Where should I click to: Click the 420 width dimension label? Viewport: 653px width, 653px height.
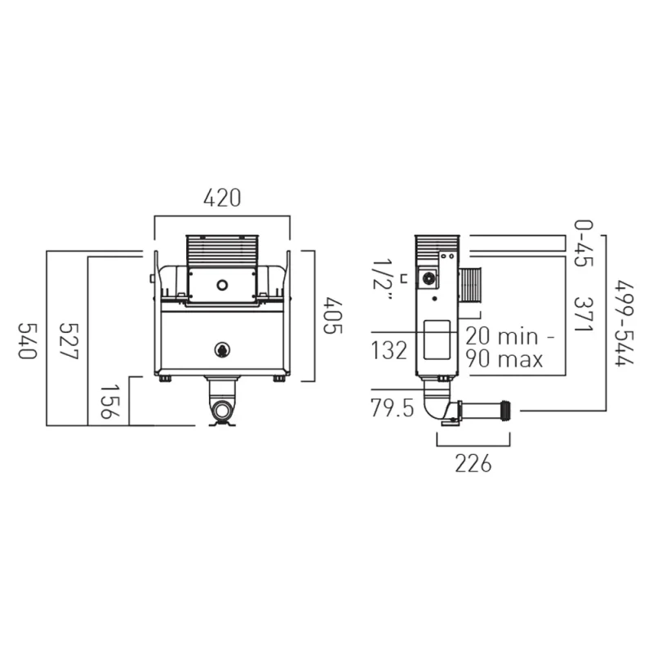pyautogui.click(x=222, y=198)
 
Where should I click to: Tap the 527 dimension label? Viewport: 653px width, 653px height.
pyautogui.click(x=69, y=340)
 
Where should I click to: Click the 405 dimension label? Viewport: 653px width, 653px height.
pyautogui.click(x=331, y=315)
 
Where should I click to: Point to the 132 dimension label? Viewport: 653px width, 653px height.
pyautogui.click(x=389, y=351)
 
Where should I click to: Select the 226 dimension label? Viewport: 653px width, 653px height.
pyautogui.click(x=473, y=464)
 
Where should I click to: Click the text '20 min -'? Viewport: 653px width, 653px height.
pyautogui.click(x=510, y=335)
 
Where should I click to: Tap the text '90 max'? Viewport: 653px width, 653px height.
pyautogui.click(x=504, y=358)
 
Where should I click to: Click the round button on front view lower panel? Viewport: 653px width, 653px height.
pyautogui.click(x=222, y=349)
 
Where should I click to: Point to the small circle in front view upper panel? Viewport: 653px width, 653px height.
pyautogui.click(x=221, y=286)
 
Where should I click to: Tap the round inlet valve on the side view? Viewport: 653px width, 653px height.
pyautogui.click(x=429, y=278)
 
